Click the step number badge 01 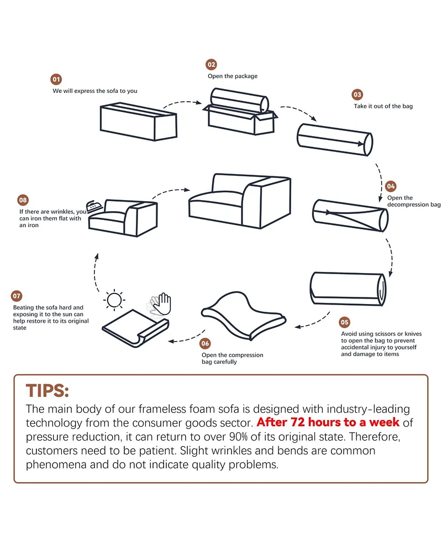tap(56, 79)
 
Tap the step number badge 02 tap(212, 65)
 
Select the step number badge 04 tap(391, 186)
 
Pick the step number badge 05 tap(344, 322)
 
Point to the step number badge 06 tap(205, 343)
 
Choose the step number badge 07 tap(17, 296)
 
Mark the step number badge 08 tap(23, 200)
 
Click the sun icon tap(114, 300)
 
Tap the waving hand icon tap(159, 304)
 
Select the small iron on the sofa tap(94, 206)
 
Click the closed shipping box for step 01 tap(138, 122)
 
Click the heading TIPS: tap(48, 391)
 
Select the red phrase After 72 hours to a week tap(328, 422)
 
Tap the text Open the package tap(233, 76)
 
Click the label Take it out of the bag tap(383, 106)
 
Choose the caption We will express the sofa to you tap(95, 91)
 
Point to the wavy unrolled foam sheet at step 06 tap(243, 316)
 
